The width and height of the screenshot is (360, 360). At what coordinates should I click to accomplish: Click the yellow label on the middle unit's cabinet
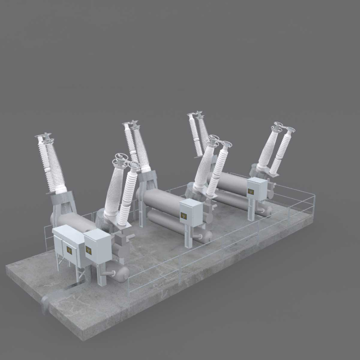tap(184, 216)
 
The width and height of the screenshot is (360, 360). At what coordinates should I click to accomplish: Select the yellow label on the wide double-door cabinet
tap(69, 250)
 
